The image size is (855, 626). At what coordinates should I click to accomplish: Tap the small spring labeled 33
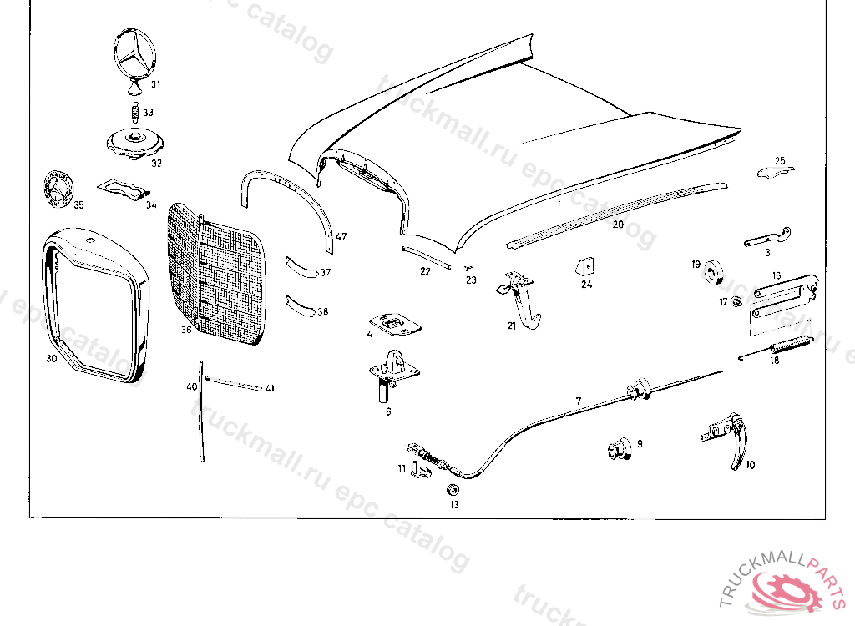pos(133,111)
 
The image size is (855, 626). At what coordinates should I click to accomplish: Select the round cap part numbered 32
pos(133,142)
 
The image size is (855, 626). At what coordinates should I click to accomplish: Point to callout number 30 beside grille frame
pos(52,359)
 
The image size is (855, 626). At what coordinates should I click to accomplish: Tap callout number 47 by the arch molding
pos(341,237)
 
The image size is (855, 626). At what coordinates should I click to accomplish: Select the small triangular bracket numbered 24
pos(584,265)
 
